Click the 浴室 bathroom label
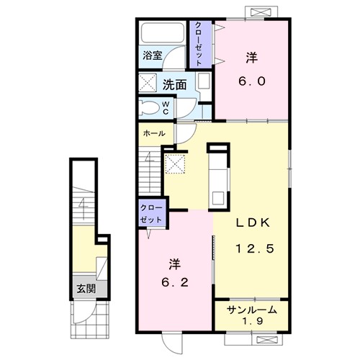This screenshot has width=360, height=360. (x=153, y=55)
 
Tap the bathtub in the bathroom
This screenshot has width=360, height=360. (x=163, y=32)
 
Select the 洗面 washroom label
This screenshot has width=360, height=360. (x=174, y=85)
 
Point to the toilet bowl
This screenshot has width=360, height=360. (x=150, y=108)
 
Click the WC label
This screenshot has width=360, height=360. (x=166, y=108)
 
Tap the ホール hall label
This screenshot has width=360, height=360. (x=154, y=133)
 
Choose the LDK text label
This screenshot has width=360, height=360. (x=253, y=223)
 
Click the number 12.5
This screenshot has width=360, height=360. (x=255, y=248)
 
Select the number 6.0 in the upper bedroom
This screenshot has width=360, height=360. (x=252, y=81)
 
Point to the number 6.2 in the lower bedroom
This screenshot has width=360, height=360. (x=175, y=282)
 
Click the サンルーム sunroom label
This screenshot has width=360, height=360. (x=252, y=310)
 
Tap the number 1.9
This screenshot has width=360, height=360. (x=253, y=321)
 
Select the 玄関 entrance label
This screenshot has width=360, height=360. (x=86, y=289)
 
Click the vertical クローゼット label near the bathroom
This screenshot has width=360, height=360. (x=198, y=44)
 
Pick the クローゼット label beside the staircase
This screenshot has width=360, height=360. (x=151, y=214)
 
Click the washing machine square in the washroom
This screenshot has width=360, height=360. (x=148, y=83)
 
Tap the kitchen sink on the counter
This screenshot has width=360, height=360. (x=218, y=198)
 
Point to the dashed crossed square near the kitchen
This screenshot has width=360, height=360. (x=176, y=164)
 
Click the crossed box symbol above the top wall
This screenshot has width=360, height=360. (x=260, y=12)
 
